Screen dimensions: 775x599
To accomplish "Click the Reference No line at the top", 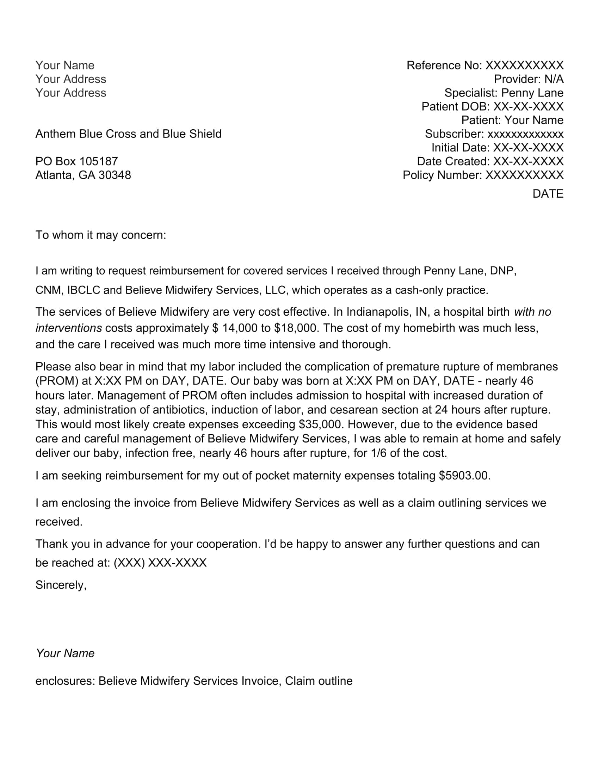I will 485,65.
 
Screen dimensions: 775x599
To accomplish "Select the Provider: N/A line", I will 529,79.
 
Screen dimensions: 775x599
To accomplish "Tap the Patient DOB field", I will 492,106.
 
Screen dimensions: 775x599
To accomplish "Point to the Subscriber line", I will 494,134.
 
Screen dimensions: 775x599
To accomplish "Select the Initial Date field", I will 497,148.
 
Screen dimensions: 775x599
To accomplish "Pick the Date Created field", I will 490,161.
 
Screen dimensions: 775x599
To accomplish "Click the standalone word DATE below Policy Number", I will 548,194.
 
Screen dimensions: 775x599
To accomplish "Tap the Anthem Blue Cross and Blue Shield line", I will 128,134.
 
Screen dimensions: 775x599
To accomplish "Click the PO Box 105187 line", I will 76,161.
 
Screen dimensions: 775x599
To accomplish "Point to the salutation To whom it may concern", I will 100,235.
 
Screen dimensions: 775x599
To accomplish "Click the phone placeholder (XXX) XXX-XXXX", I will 160,563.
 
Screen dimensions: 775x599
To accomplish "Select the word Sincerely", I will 61,585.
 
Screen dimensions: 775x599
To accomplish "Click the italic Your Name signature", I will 65,653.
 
